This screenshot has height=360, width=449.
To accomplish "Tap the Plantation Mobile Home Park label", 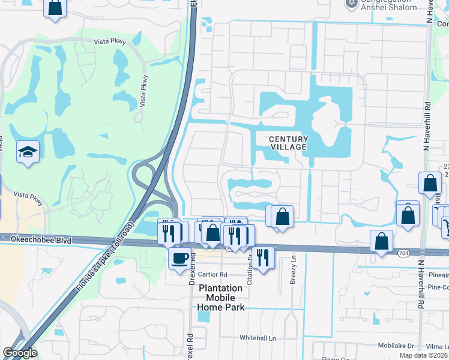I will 220,298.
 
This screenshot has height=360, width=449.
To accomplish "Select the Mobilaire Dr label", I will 393,346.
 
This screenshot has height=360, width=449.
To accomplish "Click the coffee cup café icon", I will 179,259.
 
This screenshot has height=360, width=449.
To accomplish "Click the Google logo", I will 20,353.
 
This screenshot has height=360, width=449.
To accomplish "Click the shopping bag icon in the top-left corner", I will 55,8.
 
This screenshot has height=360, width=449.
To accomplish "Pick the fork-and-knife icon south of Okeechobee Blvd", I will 263,257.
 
